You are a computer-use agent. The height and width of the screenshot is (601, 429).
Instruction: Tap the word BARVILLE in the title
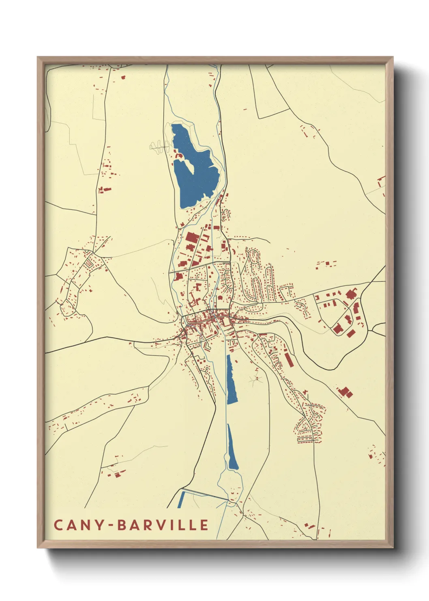click(x=163, y=525)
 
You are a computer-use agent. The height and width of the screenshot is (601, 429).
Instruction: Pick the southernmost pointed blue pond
click(x=232, y=451)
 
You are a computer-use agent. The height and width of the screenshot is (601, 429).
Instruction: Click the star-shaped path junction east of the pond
click(x=257, y=379)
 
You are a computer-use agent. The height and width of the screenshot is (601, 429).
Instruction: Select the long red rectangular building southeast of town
click(x=289, y=360)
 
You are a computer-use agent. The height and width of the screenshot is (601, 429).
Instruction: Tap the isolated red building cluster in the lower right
click(x=345, y=392)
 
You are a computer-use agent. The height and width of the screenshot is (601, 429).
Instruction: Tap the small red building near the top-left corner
click(x=123, y=77)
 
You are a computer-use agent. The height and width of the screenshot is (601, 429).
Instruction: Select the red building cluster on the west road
click(x=105, y=189)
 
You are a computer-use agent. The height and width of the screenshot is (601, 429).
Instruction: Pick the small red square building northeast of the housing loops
click(x=327, y=264)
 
